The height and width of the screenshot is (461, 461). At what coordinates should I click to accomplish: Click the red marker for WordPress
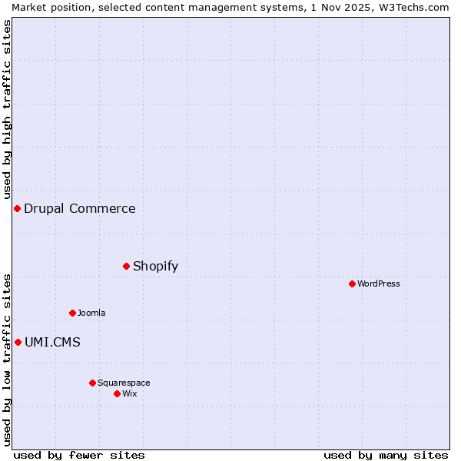tap(352, 284)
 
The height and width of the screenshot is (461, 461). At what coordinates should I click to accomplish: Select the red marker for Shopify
tap(126, 266)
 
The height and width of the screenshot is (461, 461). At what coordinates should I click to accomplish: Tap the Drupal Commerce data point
tap(17, 208)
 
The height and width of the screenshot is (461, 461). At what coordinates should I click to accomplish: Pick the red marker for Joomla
tap(72, 313)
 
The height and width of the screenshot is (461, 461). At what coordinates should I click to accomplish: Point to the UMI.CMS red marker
tap(18, 342)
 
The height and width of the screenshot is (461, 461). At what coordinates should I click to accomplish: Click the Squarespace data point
tap(92, 383)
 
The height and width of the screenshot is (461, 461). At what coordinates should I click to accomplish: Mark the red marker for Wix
tap(117, 393)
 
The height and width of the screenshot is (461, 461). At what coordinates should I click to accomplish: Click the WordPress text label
tap(379, 284)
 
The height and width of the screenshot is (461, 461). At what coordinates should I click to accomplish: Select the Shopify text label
tap(155, 267)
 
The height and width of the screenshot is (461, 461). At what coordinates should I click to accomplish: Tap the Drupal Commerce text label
tap(80, 209)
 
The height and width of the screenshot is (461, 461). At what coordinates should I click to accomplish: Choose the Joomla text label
tap(91, 313)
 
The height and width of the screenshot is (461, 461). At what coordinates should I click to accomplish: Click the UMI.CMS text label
tap(52, 343)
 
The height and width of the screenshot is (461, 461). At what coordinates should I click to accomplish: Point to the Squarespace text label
tap(124, 383)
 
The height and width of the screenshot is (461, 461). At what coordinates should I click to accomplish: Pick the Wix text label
tap(130, 393)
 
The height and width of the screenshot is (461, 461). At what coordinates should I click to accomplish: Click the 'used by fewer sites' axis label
tap(79, 455)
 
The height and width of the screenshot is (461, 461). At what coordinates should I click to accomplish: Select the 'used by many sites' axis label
tap(386, 455)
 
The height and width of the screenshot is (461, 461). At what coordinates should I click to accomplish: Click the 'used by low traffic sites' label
tap(8, 360)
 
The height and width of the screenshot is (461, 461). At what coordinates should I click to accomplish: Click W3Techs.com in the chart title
tap(412, 7)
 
